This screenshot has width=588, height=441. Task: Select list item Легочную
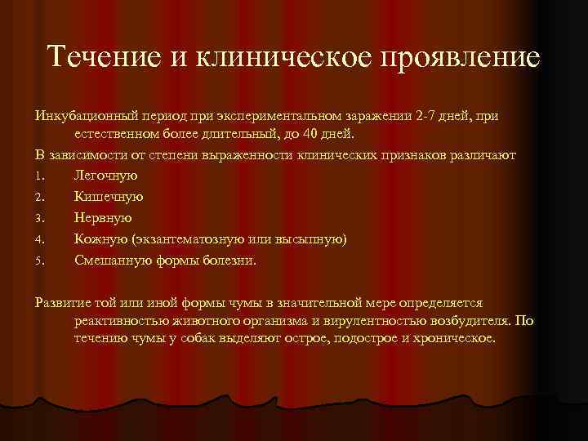(105, 175)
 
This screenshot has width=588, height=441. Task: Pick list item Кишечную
(109, 196)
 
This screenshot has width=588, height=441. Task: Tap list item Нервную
(102, 217)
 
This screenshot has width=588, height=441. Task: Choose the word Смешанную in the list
(114, 260)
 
